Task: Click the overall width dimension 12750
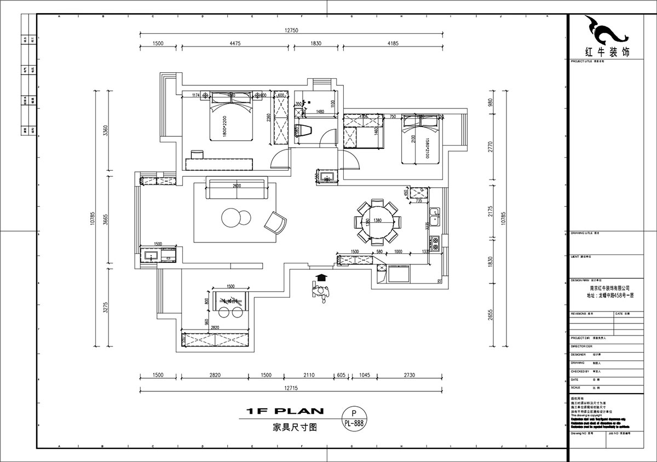[291, 31]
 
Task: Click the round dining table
[377, 222]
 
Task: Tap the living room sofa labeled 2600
[235, 189]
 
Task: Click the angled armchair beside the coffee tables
[275, 223]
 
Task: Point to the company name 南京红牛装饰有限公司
[609, 287]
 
